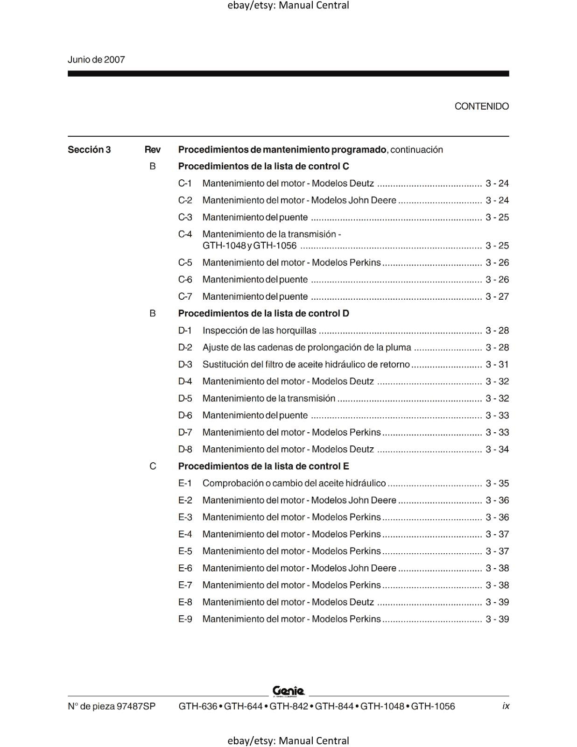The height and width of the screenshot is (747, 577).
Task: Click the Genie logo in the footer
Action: click(288, 691)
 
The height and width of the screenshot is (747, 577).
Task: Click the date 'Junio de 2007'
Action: click(96, 60)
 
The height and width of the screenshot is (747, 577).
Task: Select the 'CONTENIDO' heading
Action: click(481, 106)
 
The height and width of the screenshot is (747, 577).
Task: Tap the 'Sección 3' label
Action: click(89, 150)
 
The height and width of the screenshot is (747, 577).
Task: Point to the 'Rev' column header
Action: click(152, 150)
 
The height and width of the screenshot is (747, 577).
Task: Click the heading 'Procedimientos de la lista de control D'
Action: click(263, 313)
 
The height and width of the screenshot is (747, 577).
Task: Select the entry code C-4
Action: click(185, 234)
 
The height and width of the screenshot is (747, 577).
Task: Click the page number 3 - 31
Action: click(497, 365)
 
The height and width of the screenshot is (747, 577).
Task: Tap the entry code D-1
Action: click(185, 331)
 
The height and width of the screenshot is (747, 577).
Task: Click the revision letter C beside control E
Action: click(153, 466)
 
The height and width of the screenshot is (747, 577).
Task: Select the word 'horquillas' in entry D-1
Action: click(296, 331)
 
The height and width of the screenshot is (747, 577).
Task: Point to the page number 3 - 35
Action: click(497, 483)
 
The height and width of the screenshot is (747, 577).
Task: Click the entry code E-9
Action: click(185, 619)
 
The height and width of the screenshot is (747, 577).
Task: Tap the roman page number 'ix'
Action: click(506, 706)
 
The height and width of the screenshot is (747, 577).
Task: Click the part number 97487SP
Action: click(136, 706)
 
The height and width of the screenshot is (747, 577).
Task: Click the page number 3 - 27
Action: click(497, 296)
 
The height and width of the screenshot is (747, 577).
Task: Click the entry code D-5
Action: click(185, 399)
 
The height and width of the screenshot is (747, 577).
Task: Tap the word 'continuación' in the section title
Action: click(416, 150)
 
